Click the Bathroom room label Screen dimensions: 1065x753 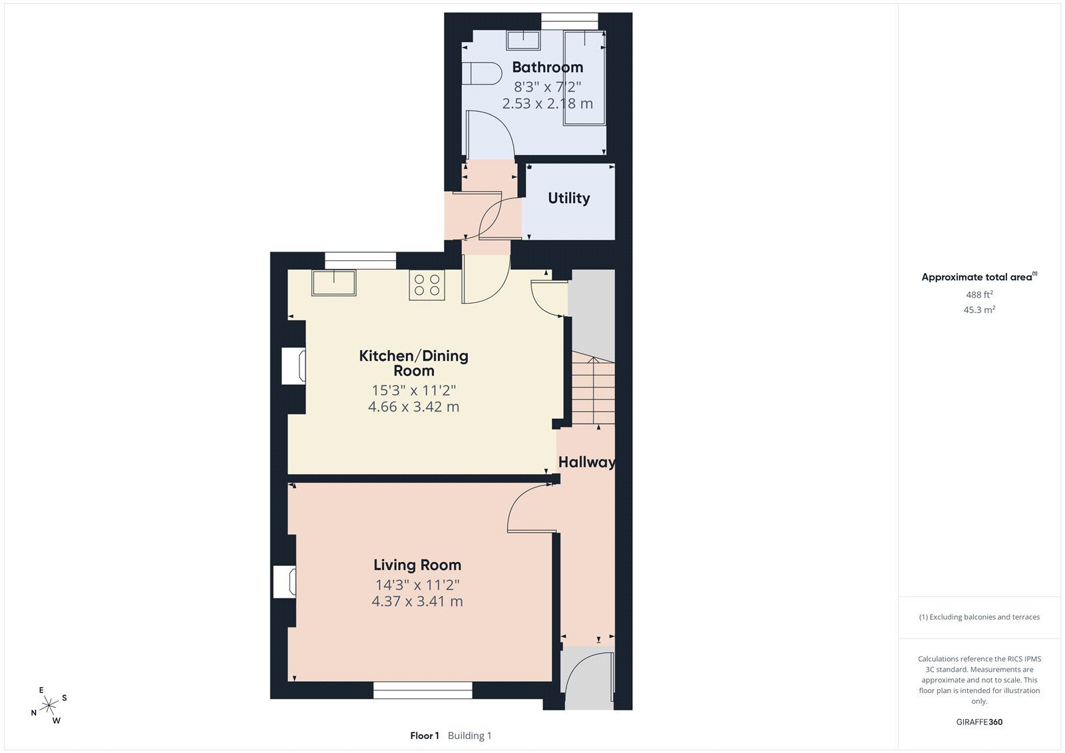click(x=547, y=67)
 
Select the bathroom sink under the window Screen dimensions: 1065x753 click(x=523, y=40)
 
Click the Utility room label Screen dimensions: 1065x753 click(x=568, y=198)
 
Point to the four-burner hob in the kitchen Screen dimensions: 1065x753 click(x=427, y=285)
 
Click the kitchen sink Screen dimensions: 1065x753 click(x=333, y=282)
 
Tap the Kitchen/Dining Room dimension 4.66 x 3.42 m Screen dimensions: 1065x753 click(x=413, y=407)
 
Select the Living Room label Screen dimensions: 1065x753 click(x=417, y=565)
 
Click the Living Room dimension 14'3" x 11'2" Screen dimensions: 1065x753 click(x=417, y=585)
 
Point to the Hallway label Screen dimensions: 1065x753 click(x=586, y=462)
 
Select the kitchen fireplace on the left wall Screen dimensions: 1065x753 click(x=293, y=366)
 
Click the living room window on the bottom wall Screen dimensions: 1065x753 click(x=423, y=690)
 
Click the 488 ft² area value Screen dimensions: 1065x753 click(x=979, y=294)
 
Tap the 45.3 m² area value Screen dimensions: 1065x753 click(x=979, y=310)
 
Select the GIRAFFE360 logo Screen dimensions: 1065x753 click(x=979, y=722)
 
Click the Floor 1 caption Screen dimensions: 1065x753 click(x=425, y=736)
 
